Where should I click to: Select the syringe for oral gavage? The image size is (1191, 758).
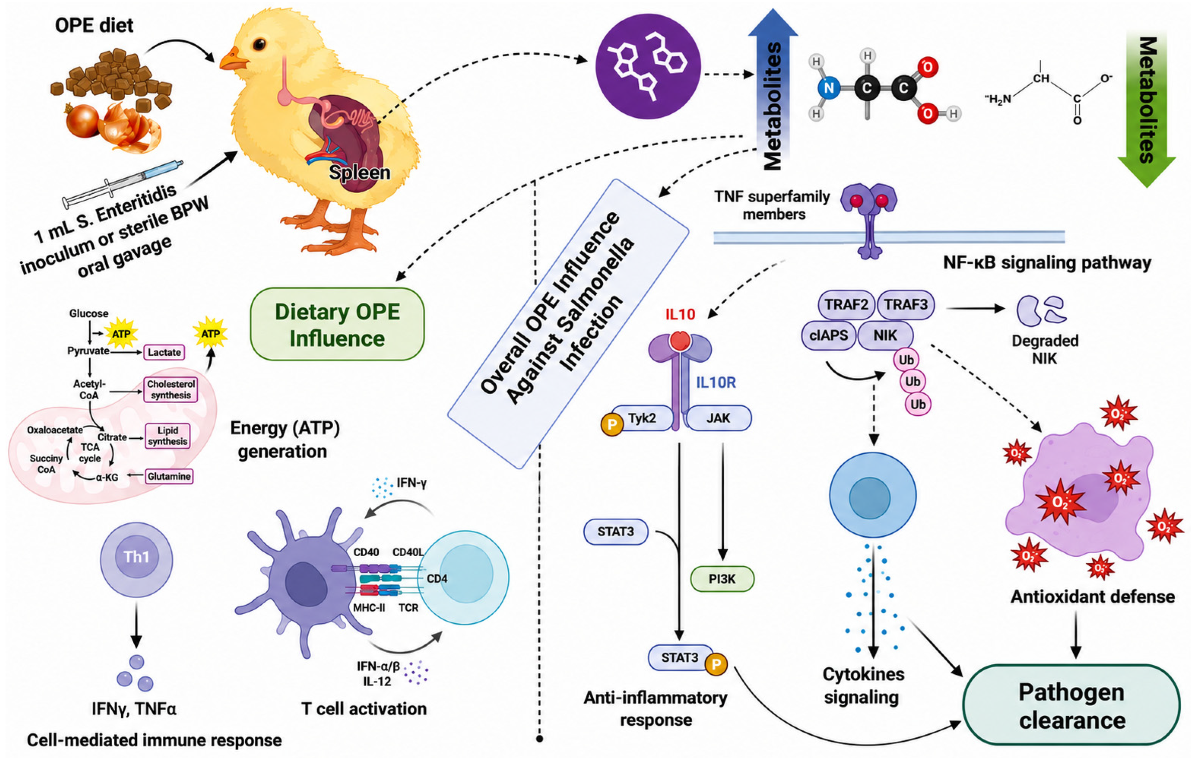[123, 183]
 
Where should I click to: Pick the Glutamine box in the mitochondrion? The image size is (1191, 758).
[169, 477]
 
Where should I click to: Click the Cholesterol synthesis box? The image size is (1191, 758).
[171, 390]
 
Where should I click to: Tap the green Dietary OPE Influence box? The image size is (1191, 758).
[337, 325]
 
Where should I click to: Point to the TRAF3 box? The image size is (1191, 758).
[906, 304]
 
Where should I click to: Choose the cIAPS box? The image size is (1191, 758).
[829, 335]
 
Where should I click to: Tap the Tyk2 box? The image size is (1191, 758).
[641, 418]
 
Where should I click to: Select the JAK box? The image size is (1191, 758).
[718, 418]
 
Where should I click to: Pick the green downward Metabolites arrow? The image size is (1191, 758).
[1147, 106]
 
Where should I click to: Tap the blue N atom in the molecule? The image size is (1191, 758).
[829, 88]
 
